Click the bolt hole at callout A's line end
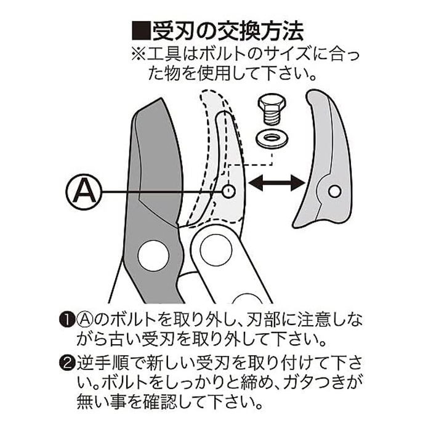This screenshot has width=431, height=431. [x=229, y=191]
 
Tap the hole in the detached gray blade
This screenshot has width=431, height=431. [x=334, y=191]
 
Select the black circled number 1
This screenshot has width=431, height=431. [x=66, y=320]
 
